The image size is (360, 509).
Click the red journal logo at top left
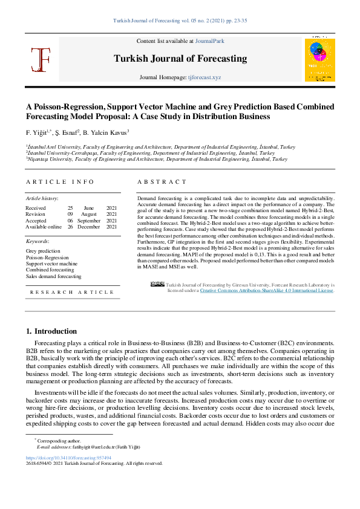(x=41, y=59)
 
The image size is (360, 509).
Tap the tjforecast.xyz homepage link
(x=205, y=78)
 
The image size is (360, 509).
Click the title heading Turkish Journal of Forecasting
(x=180, y=59)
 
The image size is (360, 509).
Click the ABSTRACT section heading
(x=162, y=182)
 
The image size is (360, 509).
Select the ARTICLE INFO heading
(x=60, y=182)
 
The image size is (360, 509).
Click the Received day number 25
(x=70, y=207)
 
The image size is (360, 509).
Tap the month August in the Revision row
(x=89, y=214)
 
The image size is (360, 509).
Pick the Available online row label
(x=44, y=227)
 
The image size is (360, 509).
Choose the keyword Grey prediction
(x=43, y=251)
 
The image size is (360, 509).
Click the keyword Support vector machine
(x=51, y=264)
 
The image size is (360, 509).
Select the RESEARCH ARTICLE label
(x=72, y=292)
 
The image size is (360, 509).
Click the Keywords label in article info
(x=38, y=241)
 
